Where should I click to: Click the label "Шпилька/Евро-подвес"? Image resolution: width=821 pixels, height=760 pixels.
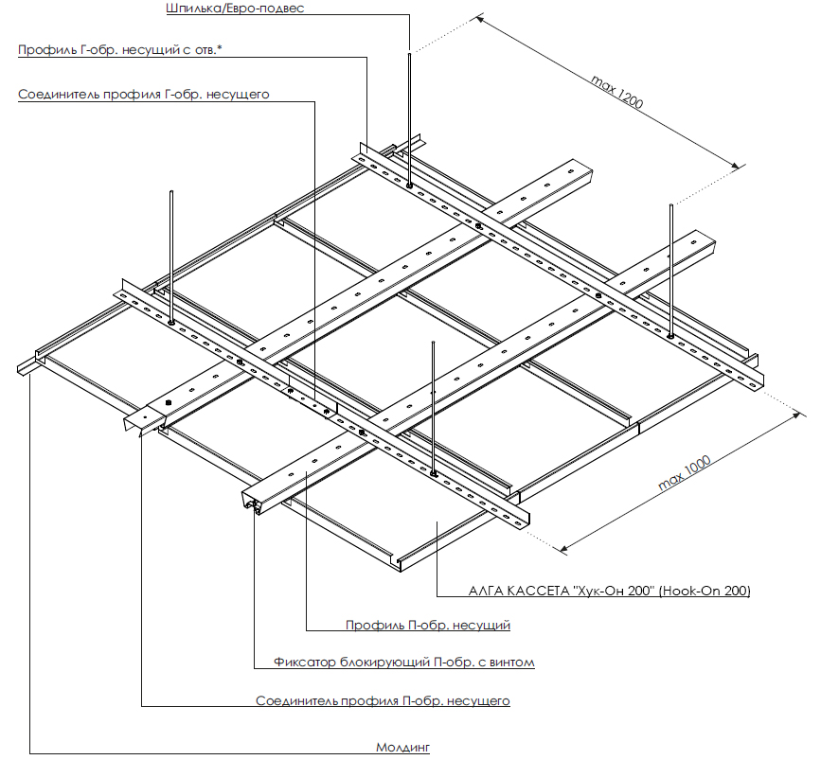pyautogui.click(x=235, y=9)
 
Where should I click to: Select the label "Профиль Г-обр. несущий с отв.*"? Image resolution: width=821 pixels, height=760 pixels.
pyautogui.click(x=120, y=50)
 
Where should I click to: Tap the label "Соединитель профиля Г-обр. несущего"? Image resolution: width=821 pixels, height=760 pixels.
pyautogui.click(x=144, y=95)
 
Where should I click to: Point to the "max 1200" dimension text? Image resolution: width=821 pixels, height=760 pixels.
pyautogui.click(x=616, y=92)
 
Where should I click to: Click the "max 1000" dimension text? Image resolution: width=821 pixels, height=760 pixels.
pyautogui.click(x=685, y=472)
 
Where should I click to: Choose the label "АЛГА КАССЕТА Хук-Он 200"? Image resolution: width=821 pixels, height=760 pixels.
pyautogui.click(x=610, y=591)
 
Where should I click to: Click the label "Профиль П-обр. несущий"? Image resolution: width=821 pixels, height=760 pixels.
pyautogui.click(x=428, y=625)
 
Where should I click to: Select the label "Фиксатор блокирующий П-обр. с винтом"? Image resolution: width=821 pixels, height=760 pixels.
pyautogui.click(x=403, y=663)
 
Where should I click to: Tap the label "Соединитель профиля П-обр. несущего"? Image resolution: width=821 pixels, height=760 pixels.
pyautogui.click(x=383, y=701)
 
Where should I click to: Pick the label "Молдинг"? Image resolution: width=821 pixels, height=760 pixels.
pyautogui.click(x=402, y=748)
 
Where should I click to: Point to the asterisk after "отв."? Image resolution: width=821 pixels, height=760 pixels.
pyautogui.click(x=220, y=47)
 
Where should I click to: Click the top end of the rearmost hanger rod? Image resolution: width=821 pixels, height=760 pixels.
pyautogui.click(x=409, y=53)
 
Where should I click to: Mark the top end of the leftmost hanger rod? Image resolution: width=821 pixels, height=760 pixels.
pyautogui.click(x=171, y=191)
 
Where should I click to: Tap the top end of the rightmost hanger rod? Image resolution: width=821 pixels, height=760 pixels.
pyautogui.click(x=670, y=205)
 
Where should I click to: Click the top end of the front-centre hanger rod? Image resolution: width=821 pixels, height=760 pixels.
pyautogui.click(x=433, y=343)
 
